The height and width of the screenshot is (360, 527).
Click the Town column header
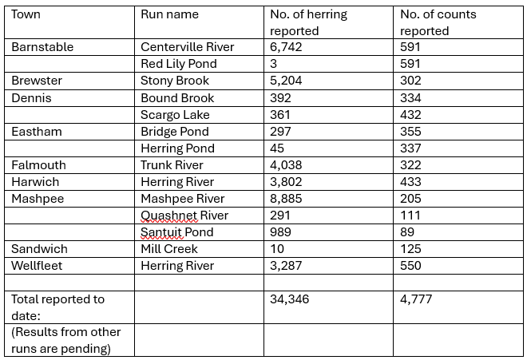point(26,14)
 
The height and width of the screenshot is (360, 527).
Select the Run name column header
point(169,14)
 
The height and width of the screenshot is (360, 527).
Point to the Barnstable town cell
point(42,47)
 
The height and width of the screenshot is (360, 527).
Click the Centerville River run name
point(187,47)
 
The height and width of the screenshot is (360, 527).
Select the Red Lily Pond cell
point(178,64)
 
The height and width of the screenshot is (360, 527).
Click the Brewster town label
point(37,81)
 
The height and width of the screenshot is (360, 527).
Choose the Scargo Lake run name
point(174,115)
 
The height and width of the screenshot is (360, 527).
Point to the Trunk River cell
point(172,165)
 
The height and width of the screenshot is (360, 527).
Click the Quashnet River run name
point(184,216)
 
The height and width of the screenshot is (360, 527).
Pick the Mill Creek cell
point(169,249)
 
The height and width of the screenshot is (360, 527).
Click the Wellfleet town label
point(37,266)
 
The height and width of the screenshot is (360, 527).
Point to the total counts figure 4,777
point(416,299)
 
